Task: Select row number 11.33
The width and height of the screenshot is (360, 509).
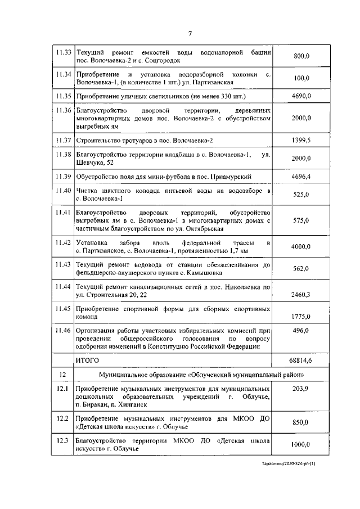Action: tap(64, 53)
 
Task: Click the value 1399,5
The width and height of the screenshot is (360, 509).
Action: tap(301, 139)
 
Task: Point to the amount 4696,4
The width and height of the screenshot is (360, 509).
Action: tap(301, 177)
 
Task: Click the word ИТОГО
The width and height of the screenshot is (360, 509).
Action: tap(87, 359)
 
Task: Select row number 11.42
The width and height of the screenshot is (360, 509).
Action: tap(64, 242)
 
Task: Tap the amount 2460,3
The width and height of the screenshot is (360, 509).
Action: tap(301, 294)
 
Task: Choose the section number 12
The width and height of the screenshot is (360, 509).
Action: tap(63, 374)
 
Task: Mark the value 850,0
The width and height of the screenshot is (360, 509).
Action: tap(301, 423)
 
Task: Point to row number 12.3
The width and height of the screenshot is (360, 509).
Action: tap(63, 440)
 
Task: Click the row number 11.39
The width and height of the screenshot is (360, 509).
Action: tap(64, 177)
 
